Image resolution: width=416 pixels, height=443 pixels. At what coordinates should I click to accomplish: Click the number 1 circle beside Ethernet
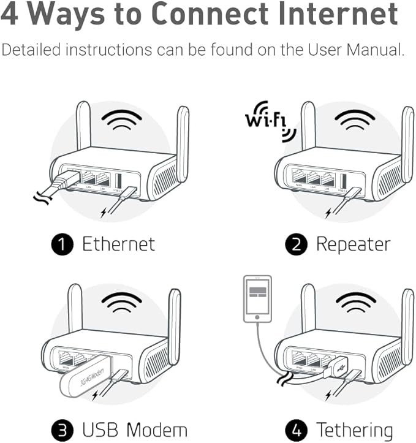tap(62, 244)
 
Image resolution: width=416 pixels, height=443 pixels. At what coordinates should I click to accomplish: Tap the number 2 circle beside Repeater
tap(296, 244)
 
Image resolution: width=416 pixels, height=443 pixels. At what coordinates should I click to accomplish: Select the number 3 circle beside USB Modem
tap(62, 430)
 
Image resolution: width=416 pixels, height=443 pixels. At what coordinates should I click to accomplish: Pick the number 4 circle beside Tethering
tap(296, 430)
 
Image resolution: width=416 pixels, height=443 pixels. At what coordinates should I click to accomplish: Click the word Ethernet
tap(118, 244)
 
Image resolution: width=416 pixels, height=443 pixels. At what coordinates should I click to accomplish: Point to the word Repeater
tap(352, 244)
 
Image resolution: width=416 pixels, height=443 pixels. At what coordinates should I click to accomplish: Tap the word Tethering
tap(354, 430)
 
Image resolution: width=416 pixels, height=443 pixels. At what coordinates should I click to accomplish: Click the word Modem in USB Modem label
tap(159, 430)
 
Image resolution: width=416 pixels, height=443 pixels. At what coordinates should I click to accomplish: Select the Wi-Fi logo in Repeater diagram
tap(266, 119)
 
